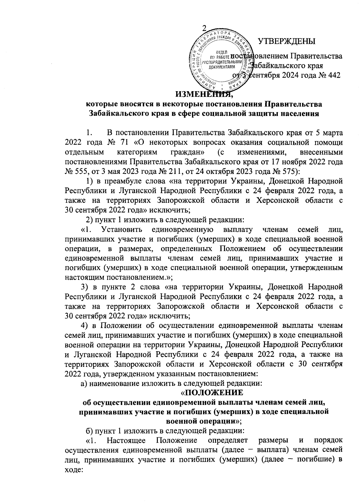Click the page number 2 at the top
pyautogui.click(x=204, y=28)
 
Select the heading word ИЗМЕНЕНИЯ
pyautogui.click(x=204, y=94)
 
